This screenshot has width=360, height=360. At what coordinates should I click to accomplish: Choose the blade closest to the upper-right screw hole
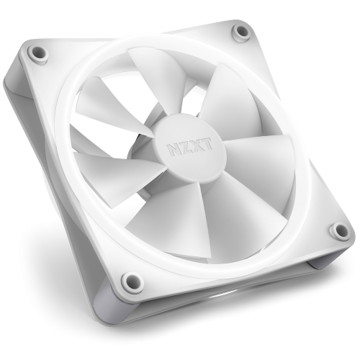pos(230,94)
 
